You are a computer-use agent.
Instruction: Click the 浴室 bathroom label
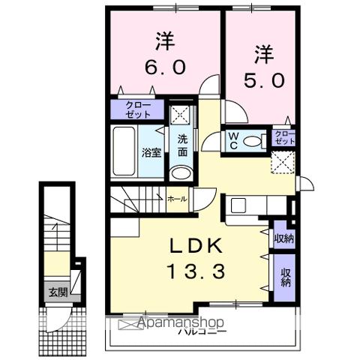[x=151, y=153]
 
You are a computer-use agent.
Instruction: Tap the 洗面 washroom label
[x=182, y=144]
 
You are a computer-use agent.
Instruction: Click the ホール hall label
[x=177, y=199]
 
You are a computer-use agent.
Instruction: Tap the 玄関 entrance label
[x=58, y=292]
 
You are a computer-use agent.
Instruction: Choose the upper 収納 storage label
[x=283, y=239]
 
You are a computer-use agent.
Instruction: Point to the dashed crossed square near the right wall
[x=283, y=160]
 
